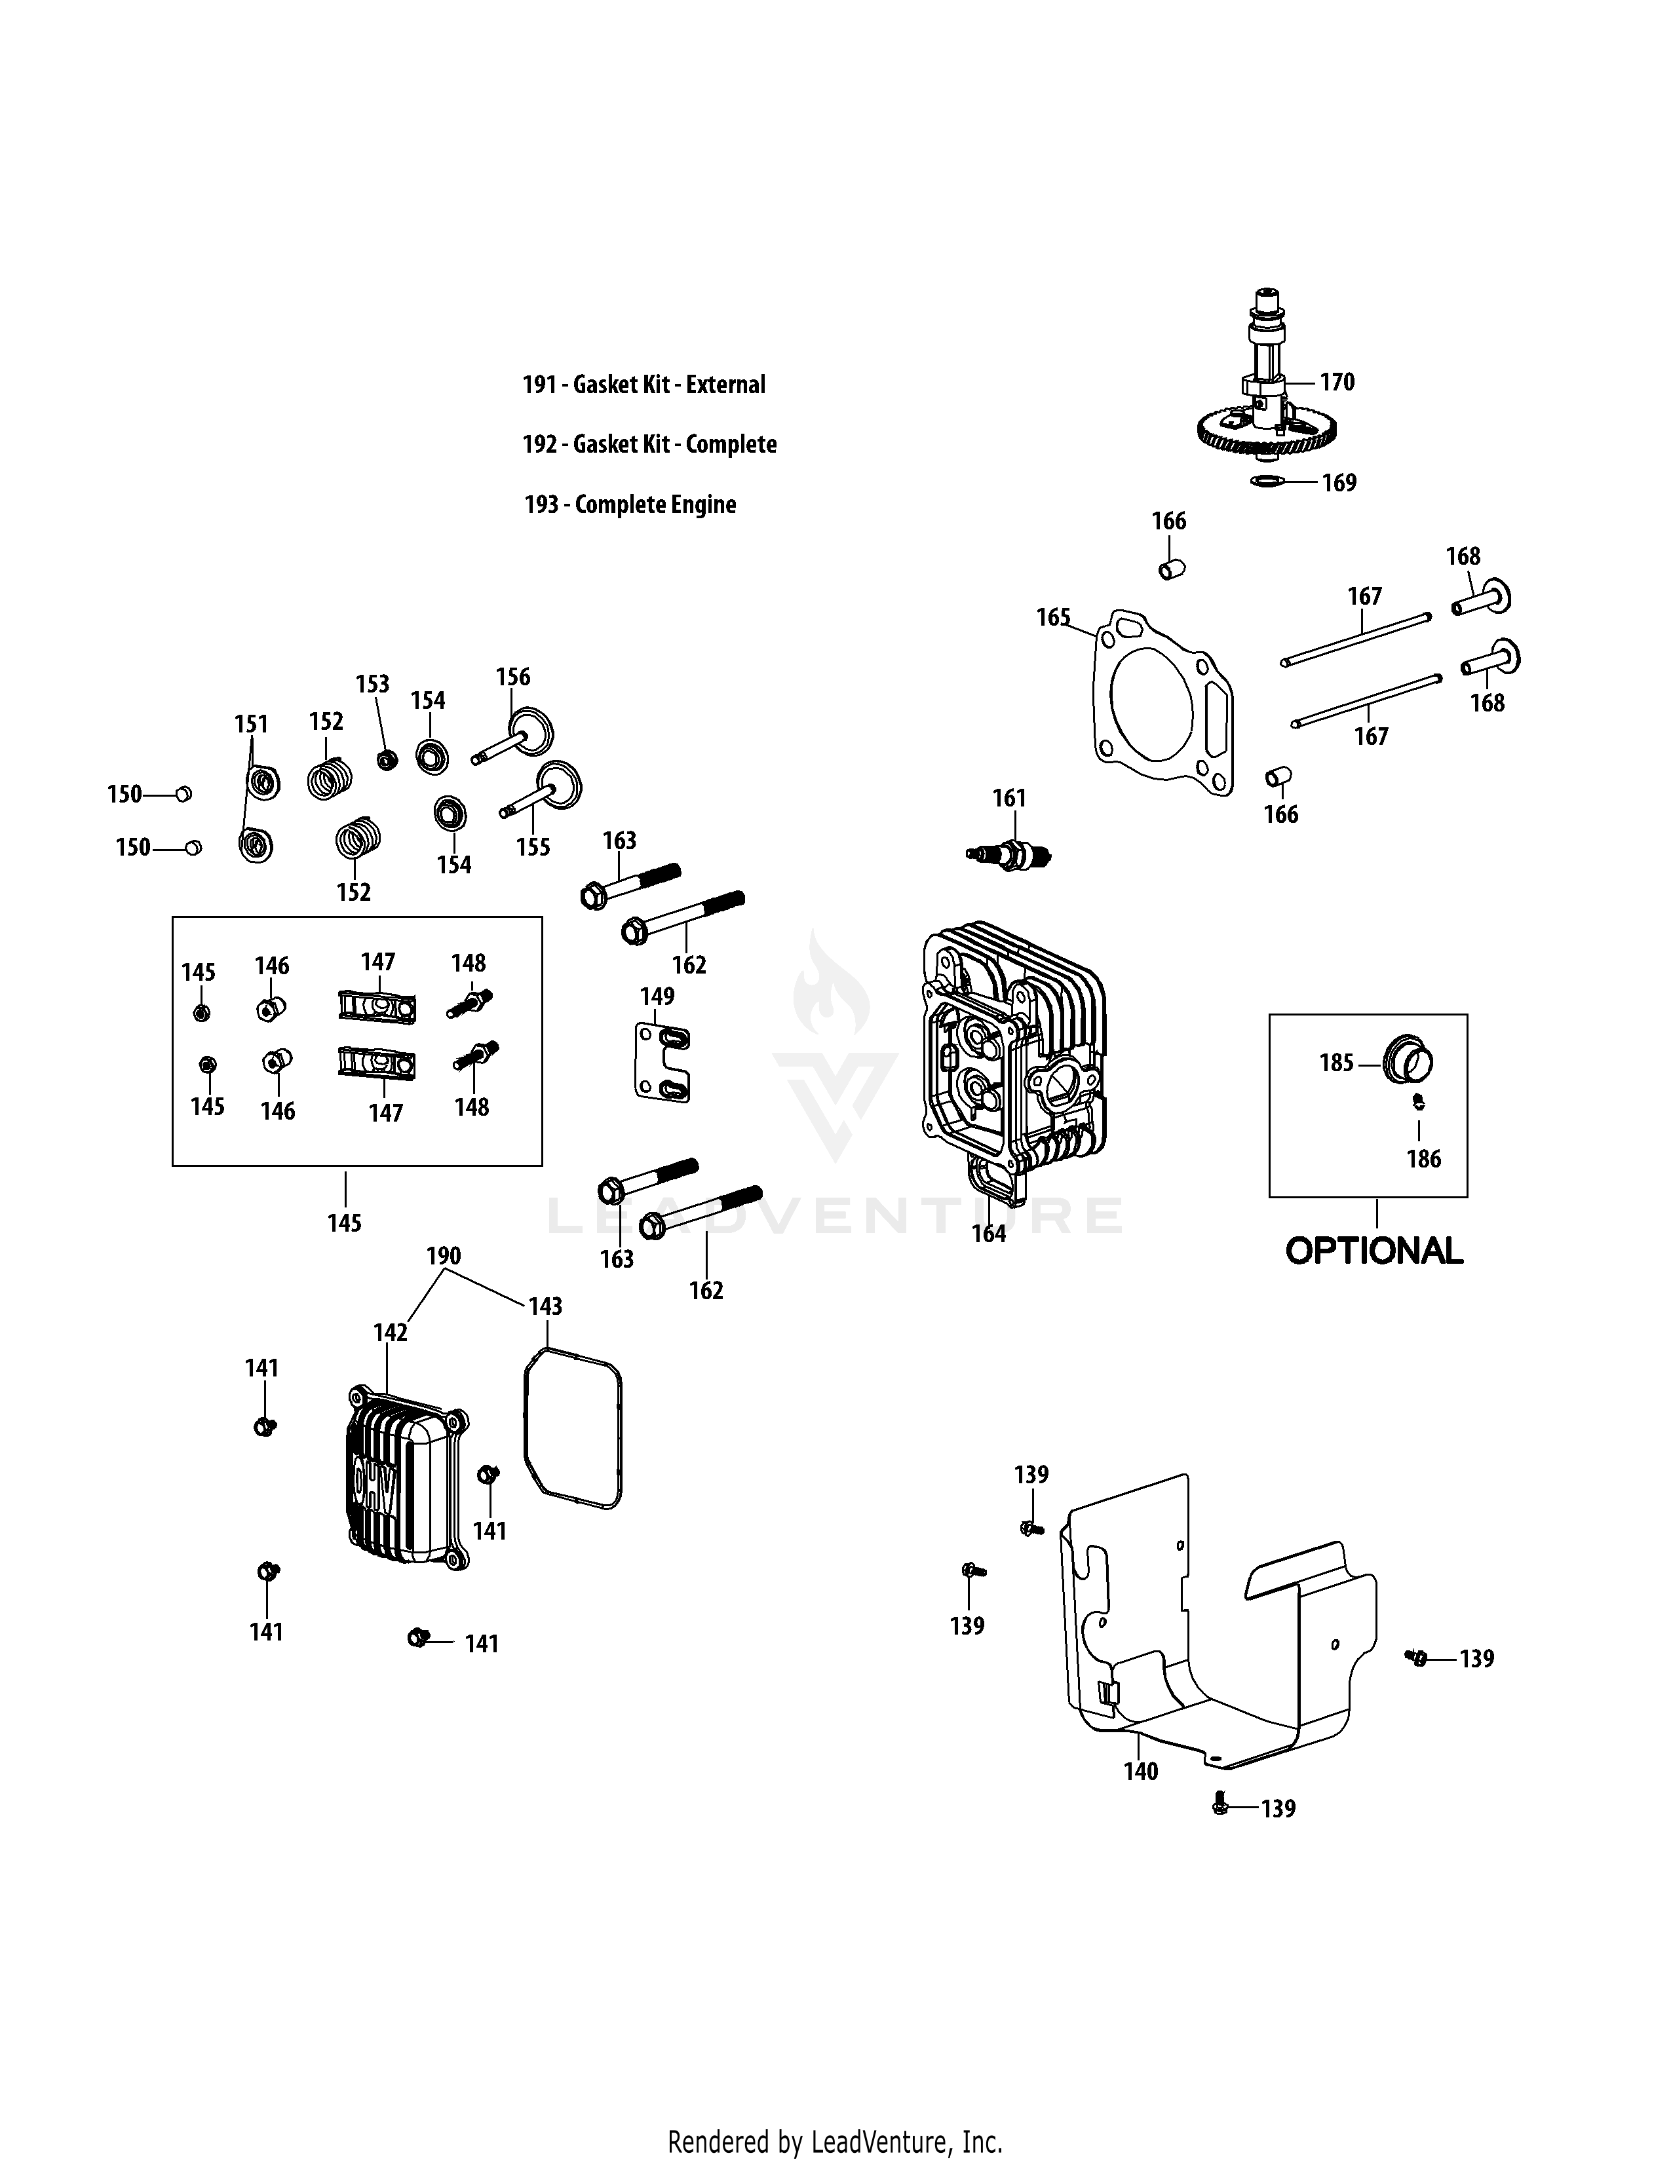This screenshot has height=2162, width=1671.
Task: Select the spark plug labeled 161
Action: pos(1010,852)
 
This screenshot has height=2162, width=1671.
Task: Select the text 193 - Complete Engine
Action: pos(630,505)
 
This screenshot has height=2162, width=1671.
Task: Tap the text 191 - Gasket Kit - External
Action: pos(643,385)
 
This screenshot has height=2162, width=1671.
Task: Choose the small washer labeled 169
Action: pos(1268,481)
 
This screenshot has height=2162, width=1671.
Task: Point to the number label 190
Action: pos(444,1255)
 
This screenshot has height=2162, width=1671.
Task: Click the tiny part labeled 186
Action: pos(1417,1101)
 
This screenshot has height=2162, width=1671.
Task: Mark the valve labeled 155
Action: pos(543,792)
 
